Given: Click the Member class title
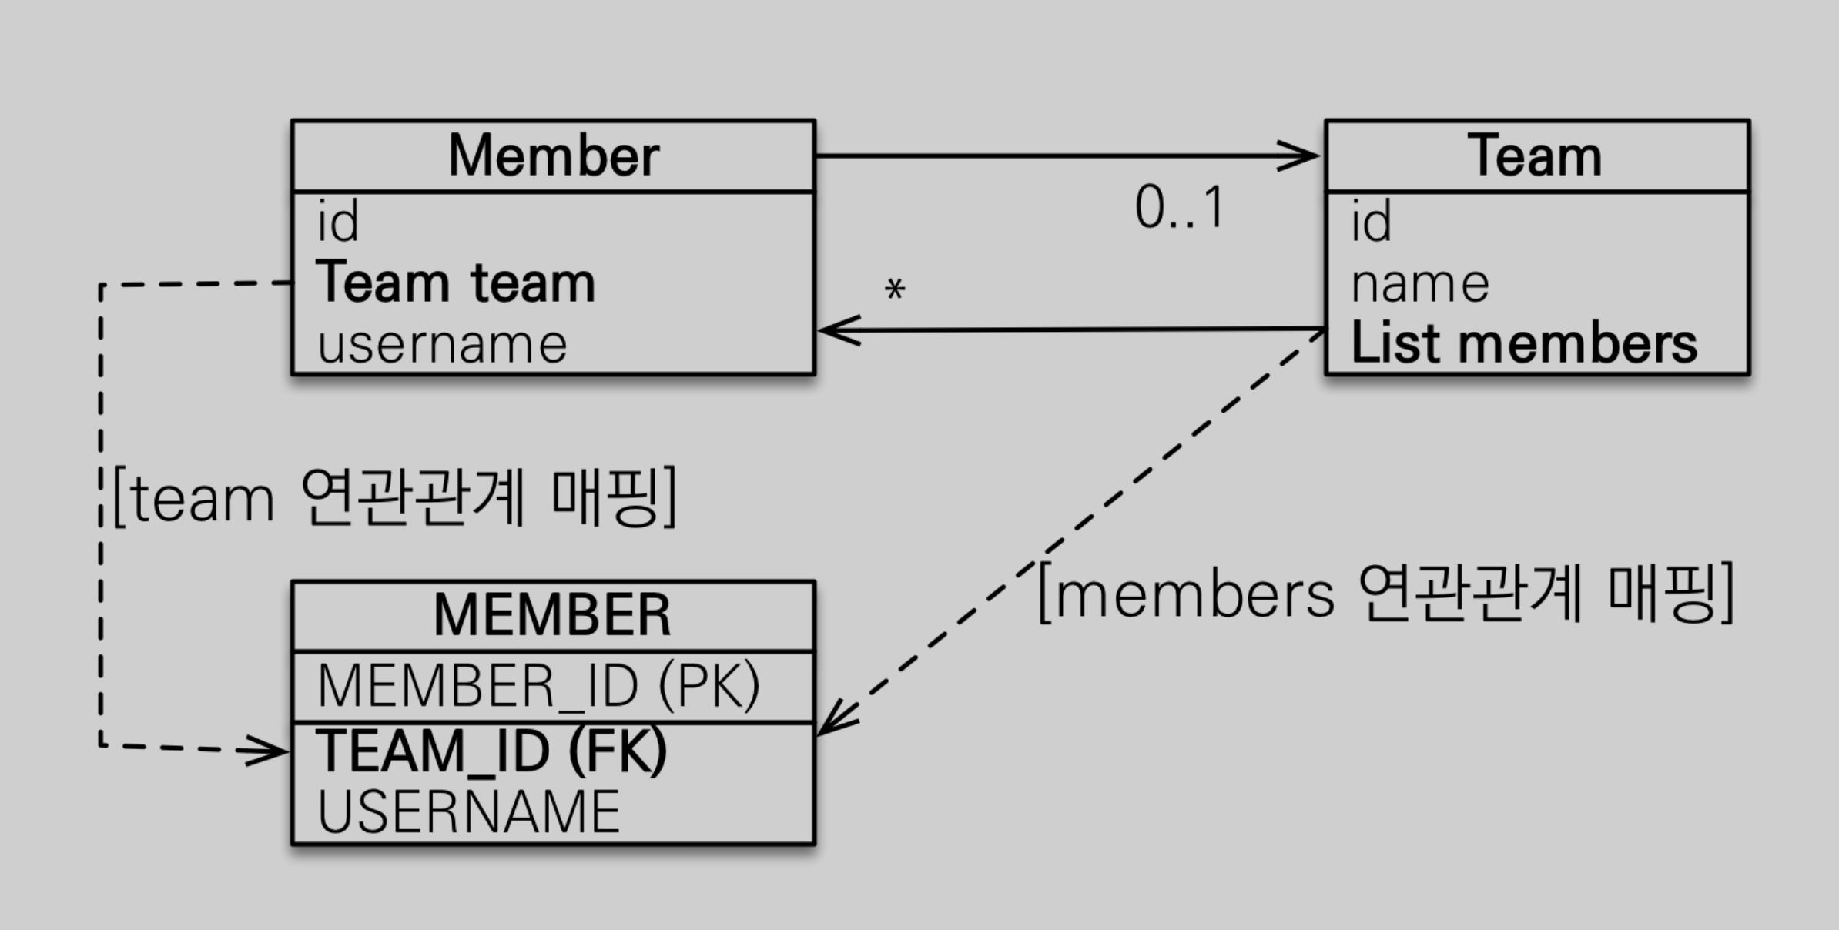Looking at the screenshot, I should [553, 156].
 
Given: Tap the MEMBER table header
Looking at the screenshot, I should [552, 615].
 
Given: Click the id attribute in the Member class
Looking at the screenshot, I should [338, 222].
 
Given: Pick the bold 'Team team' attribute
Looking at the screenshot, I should [455, 283].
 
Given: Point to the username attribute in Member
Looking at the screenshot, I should [442, 343].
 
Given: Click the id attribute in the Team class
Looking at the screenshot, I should [1372, 222].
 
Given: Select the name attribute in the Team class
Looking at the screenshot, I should [1420, 284].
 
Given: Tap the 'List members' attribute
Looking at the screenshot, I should [1523, 343].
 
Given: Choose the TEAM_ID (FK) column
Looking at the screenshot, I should [491, 751].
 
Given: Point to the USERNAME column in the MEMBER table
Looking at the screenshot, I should [468, 811].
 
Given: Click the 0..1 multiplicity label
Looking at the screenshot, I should [1179, 208].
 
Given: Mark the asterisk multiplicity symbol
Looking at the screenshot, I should [894, 290].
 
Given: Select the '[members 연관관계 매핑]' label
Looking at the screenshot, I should [1385, 592].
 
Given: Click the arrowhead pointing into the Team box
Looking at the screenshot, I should [1301, 156].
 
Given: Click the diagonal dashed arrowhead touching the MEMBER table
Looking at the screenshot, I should [835, 721].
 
